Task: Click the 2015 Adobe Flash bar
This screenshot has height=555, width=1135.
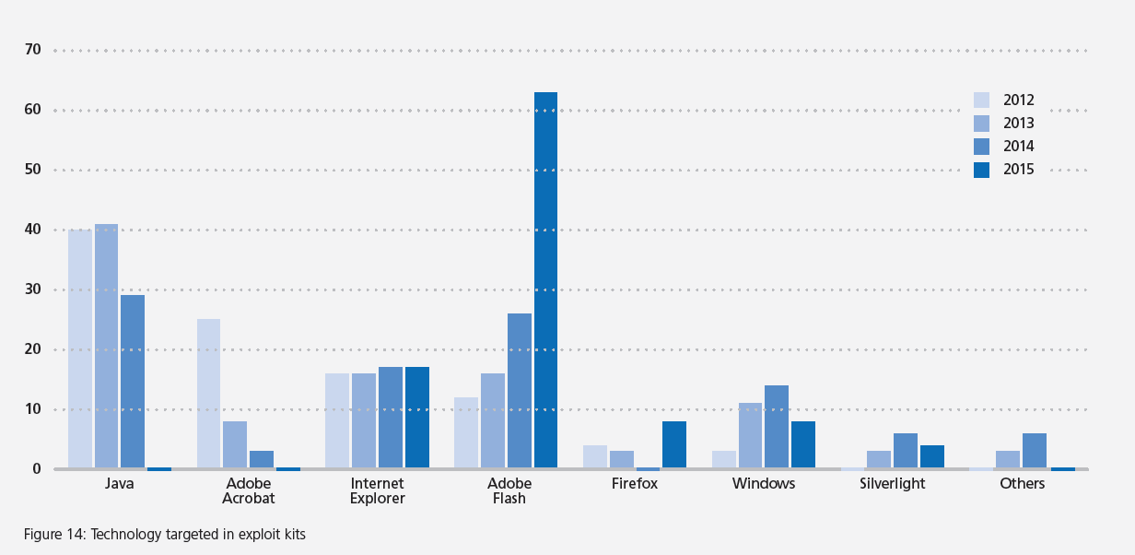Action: (545, 280)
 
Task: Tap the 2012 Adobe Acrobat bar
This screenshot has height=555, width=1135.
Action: (209, 394)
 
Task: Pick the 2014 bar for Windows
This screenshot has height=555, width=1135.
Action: (777, 427)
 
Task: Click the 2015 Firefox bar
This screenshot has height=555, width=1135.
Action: (674, 444)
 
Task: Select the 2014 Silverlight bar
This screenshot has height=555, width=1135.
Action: (906, 451)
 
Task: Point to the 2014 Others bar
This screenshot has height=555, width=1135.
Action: (1035, 451)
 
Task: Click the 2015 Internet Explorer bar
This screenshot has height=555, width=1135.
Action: (417, 418)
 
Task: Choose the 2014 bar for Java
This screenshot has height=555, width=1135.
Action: (133, 382)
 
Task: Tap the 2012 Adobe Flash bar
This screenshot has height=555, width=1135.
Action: (466, 432)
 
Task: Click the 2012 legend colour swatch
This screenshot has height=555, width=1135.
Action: (981, 100)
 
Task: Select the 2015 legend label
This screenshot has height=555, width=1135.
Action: (1019, 170)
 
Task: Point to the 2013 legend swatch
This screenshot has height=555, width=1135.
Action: (981, 124)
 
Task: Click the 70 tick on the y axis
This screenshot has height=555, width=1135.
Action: (33, 50)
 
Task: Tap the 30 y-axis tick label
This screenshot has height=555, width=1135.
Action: (33, 289)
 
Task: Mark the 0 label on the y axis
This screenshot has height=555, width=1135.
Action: (37, 468)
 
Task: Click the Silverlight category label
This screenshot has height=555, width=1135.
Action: (892, 484)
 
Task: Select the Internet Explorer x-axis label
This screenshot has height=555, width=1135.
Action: (378, 491)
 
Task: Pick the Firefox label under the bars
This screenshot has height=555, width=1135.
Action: (635, 484)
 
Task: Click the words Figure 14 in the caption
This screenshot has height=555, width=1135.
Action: (54, 534)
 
